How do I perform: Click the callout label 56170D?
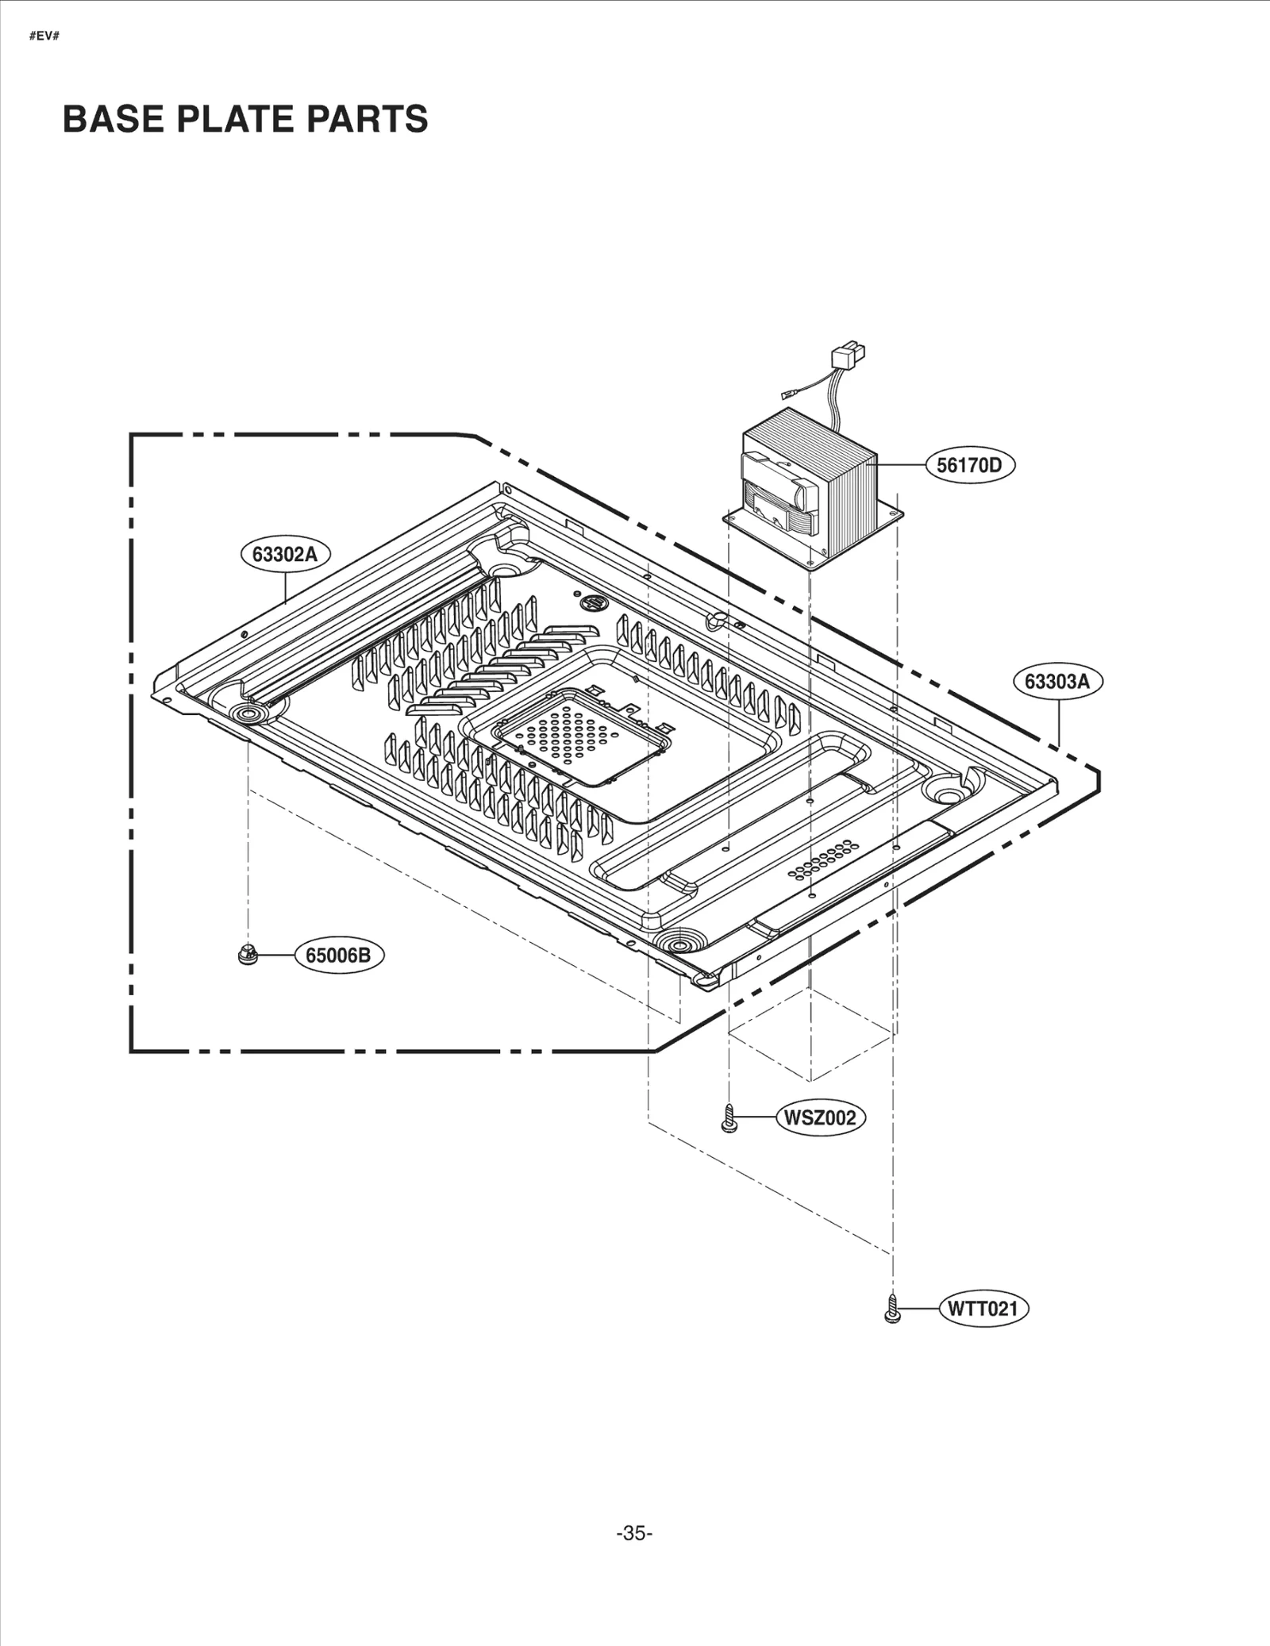pos(969,465)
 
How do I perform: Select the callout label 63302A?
pos(285,554)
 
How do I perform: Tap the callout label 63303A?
pos(1057,682)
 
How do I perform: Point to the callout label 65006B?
pos(338,955)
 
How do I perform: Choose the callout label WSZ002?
pos(820,1118)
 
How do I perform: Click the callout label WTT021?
pos(983,1309)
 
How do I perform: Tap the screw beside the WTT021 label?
pos(892,1309)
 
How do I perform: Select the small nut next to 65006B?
pos(248,955)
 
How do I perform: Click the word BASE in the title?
pos(114,119)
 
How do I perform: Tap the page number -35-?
pos(634,1533)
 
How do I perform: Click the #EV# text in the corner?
pos(44,37)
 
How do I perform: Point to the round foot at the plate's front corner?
pos(679,944)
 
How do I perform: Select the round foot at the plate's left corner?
pos(248,713)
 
